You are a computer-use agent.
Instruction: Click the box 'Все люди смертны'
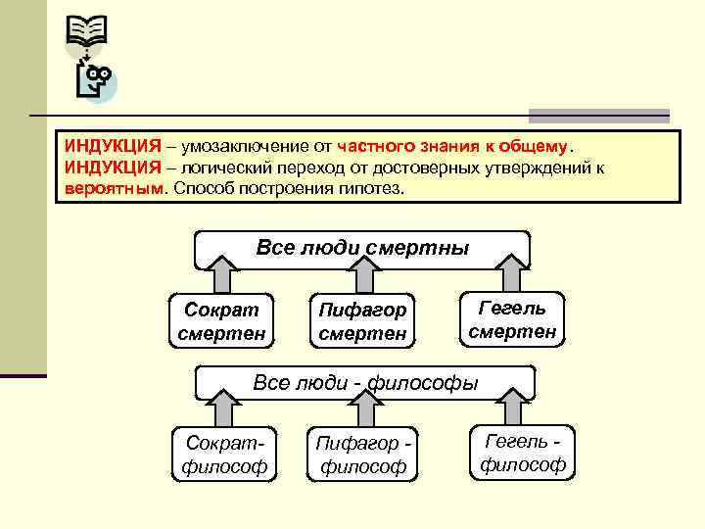[x=362, y=248]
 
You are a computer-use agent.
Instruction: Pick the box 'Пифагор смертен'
[x=362, y=321]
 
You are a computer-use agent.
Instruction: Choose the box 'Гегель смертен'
[x=512, y=319]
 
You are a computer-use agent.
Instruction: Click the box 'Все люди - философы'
[x=365, y=382]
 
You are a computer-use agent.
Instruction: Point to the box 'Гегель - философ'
[x=523, y=452]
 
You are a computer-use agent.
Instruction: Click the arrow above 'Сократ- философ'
[x=222, y=408]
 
